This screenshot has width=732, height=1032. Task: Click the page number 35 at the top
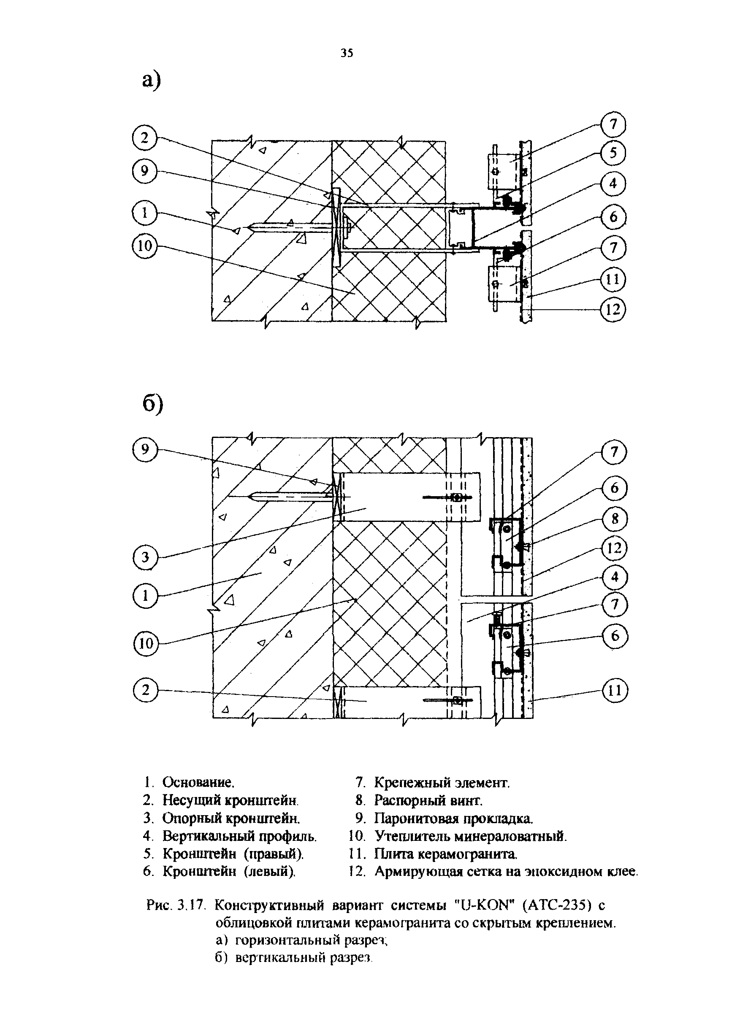347,53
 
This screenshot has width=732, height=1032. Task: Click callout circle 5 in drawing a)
613,153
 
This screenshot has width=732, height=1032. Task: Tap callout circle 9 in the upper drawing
144,171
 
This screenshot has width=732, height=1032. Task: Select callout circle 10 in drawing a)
144,246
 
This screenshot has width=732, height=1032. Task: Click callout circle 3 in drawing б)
145,558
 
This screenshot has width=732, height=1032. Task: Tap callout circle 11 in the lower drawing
615,691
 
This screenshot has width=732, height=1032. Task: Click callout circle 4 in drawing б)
615,577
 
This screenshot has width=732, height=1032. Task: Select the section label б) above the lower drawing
152,404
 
